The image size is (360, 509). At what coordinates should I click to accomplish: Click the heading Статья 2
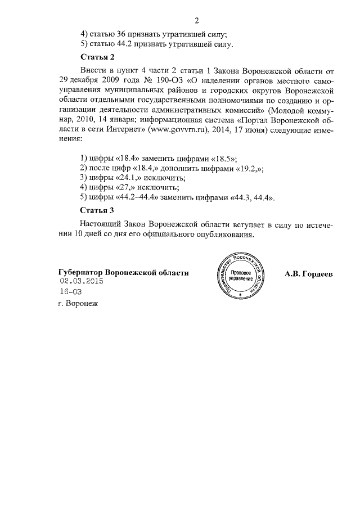97,57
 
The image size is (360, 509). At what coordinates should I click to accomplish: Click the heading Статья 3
97,210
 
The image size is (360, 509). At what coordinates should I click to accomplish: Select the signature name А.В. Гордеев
309,273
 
